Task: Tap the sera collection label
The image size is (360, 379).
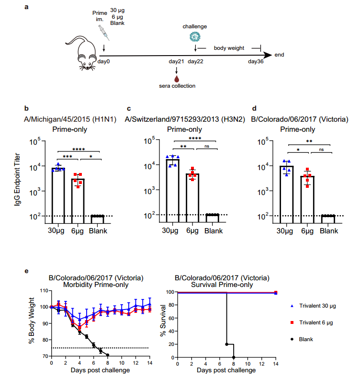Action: click(x=177, y=86)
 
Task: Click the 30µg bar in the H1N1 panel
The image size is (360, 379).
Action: click(x=58, y=192)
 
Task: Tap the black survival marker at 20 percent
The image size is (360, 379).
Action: click(x=226, y=344)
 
